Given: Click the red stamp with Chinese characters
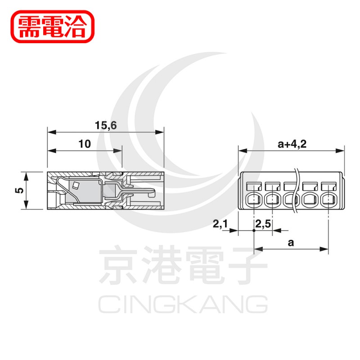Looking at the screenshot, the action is click(53, 27).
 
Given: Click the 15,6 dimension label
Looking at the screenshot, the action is click(106, 126).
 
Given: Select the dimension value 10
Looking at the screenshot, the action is click(85, 144).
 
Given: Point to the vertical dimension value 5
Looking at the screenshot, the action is click(19, 190).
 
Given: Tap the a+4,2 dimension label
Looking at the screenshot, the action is click(292, 144).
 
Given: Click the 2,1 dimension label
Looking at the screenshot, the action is click(220, 224).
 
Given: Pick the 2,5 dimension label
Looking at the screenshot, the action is click(263, 224).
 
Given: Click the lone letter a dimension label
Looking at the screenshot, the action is click(291, 243).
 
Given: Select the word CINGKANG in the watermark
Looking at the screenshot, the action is click(183, 304).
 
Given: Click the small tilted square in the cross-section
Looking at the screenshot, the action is click(75, 185).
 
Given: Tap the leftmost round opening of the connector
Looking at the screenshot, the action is click(254, 200).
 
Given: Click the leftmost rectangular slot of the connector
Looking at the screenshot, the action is click(254, 186).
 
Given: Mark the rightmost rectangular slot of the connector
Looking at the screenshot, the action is click(329, 186).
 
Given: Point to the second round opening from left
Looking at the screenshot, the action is click(273, 200).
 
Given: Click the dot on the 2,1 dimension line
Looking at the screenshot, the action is click(254, 230).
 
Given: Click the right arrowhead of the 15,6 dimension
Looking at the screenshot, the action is click(160, 132).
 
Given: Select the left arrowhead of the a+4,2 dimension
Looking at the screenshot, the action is click(243, 151).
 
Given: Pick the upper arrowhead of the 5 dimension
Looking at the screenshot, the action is click(26, 176).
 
